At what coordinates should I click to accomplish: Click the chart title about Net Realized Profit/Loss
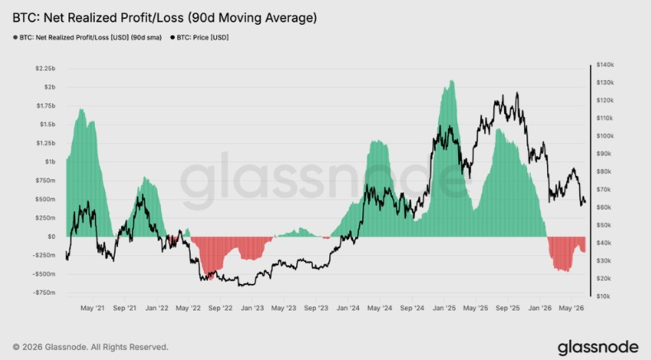pyautogui.click(x=164, y=18)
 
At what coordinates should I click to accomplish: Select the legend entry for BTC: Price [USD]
pyautogui.click(x=200, y=37)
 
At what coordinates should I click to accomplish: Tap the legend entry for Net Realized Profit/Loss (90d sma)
pyautogui.click(x=87, y=37)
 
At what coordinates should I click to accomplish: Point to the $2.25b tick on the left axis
pyautogui.click(x=45, y=69)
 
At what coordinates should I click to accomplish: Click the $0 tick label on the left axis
pyautogui.click(x=51, y=236)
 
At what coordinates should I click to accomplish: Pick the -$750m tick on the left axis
pyautogui.click(x=44, y=292)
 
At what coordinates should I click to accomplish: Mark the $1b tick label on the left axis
pyautogui.click(x=50, y=162)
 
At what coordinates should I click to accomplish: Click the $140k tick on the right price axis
pyautogui.click(x=605, y=64)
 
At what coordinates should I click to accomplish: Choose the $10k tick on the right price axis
pyautogui.click(x=604, y=296)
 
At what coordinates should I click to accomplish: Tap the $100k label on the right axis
pyautogui.click(x=605, y=136)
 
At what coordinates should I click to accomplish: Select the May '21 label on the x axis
pyautogui.click(x=92, y=308)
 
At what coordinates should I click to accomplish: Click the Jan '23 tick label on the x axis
pyautogui.click(x=252, y=308)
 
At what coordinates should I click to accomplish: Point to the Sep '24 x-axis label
pyautogui.click(x=413, y=308)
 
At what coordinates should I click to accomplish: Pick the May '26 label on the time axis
pyautogui.click(x=572, y=308)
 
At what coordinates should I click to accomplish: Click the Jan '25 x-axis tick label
pyautogui.click(x=444, y=308)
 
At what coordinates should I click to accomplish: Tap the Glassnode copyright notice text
pyautogui.click(x=91, y=347)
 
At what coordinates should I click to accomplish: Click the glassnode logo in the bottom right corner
pyautogui.click(x=598, y=348)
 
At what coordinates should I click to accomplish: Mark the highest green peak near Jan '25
pyautogui.click(x=451, y=81)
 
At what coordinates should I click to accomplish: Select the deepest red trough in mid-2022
pyautogui.click(x=210, y=279)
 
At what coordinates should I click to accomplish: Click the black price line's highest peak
pyautogui.click(x=517, y=92)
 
